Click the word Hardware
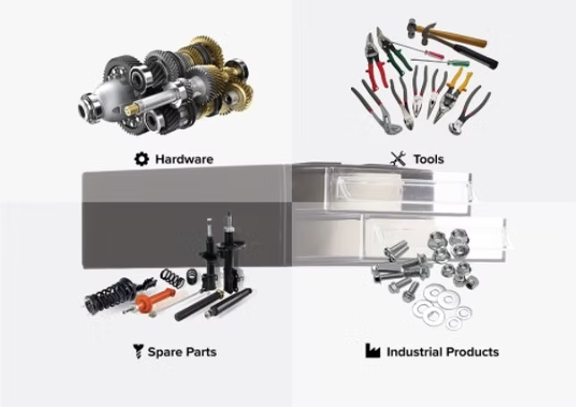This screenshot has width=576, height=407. coord(184,159)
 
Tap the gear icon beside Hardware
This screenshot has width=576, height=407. coord(142,159)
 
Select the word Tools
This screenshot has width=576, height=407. coord(429,159)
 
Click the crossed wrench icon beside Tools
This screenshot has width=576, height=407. coord(398,158)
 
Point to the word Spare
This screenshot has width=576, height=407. coord(163,352)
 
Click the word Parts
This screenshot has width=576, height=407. coord(200,352)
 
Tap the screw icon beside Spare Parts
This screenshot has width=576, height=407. coord(138,351)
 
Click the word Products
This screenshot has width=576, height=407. coord(472,352)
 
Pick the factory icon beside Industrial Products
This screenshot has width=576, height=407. coord(373,351)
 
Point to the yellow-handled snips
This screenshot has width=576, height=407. coord(451,96)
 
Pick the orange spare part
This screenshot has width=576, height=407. coord(155,300)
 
